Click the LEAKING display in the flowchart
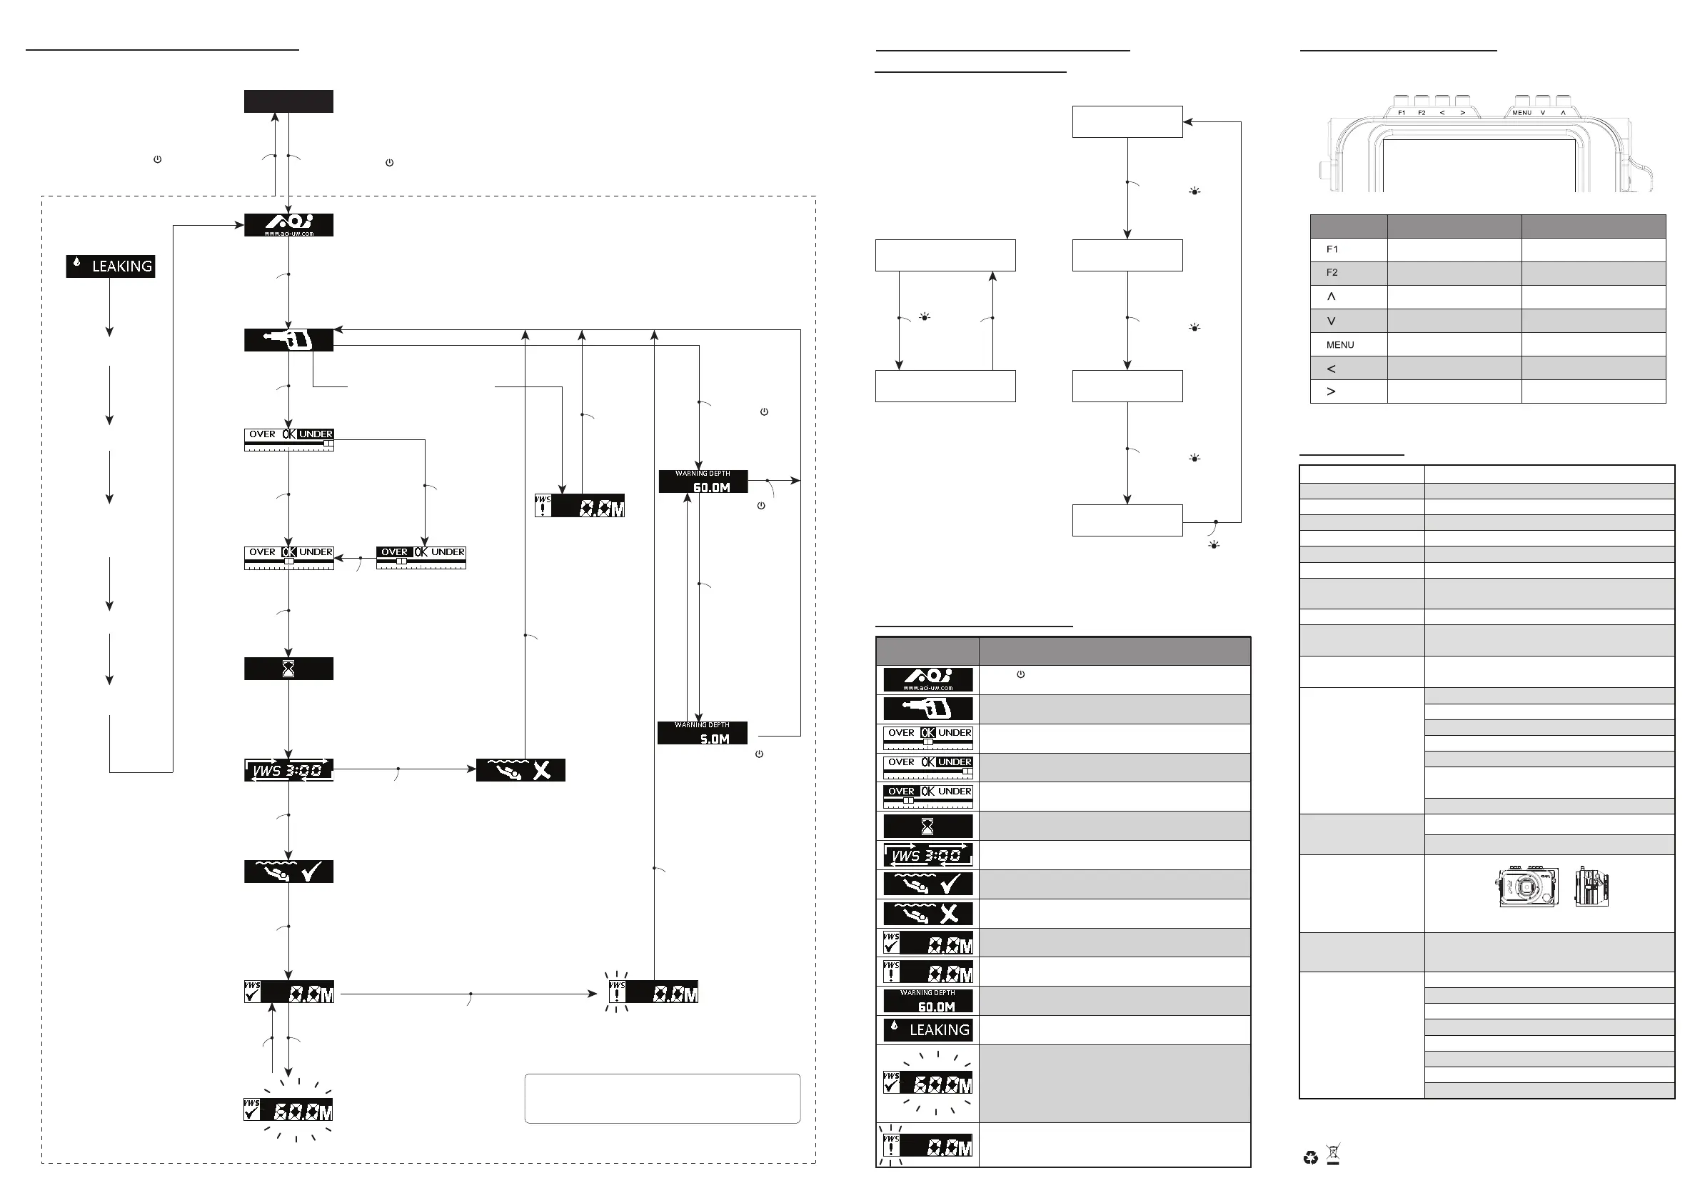[x=111, y=266]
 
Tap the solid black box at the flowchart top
[x=288, y=101]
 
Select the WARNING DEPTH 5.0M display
[x=702, y=733]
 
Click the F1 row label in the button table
[x=1332, y=249]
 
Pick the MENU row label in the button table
[x=1340, y=344]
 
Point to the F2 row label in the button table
[x=1332, y=273]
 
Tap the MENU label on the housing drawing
[x=1522, y=113]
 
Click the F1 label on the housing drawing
[x=1402, y=113]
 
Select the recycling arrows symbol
[x=1311, y=1157]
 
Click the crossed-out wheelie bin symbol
[x=1334, y=1154]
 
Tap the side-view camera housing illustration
[x=1591, y=887]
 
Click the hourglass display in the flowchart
[x=288, y=669]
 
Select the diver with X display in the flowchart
[x=520, y=770]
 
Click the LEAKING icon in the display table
[x=927, y=1029]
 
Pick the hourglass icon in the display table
[x=927, y=826]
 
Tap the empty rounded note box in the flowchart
[x=662, y=1099]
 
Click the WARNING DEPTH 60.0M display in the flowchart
[x=703, y=481]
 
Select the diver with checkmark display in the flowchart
[x=288, y=872]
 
